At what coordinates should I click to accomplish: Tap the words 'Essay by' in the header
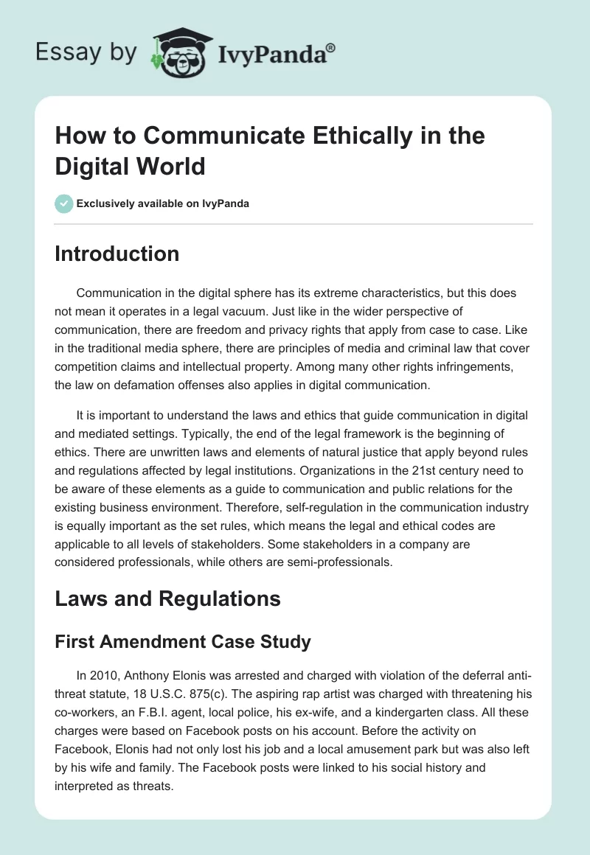(x=86, y=52)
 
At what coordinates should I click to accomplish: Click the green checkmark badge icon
(x=64, y=203)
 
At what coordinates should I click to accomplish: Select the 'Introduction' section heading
(x=117, y=254)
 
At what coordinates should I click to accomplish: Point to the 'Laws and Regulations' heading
(x=167, y=598)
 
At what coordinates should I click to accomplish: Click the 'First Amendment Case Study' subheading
(x=183, y=642)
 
